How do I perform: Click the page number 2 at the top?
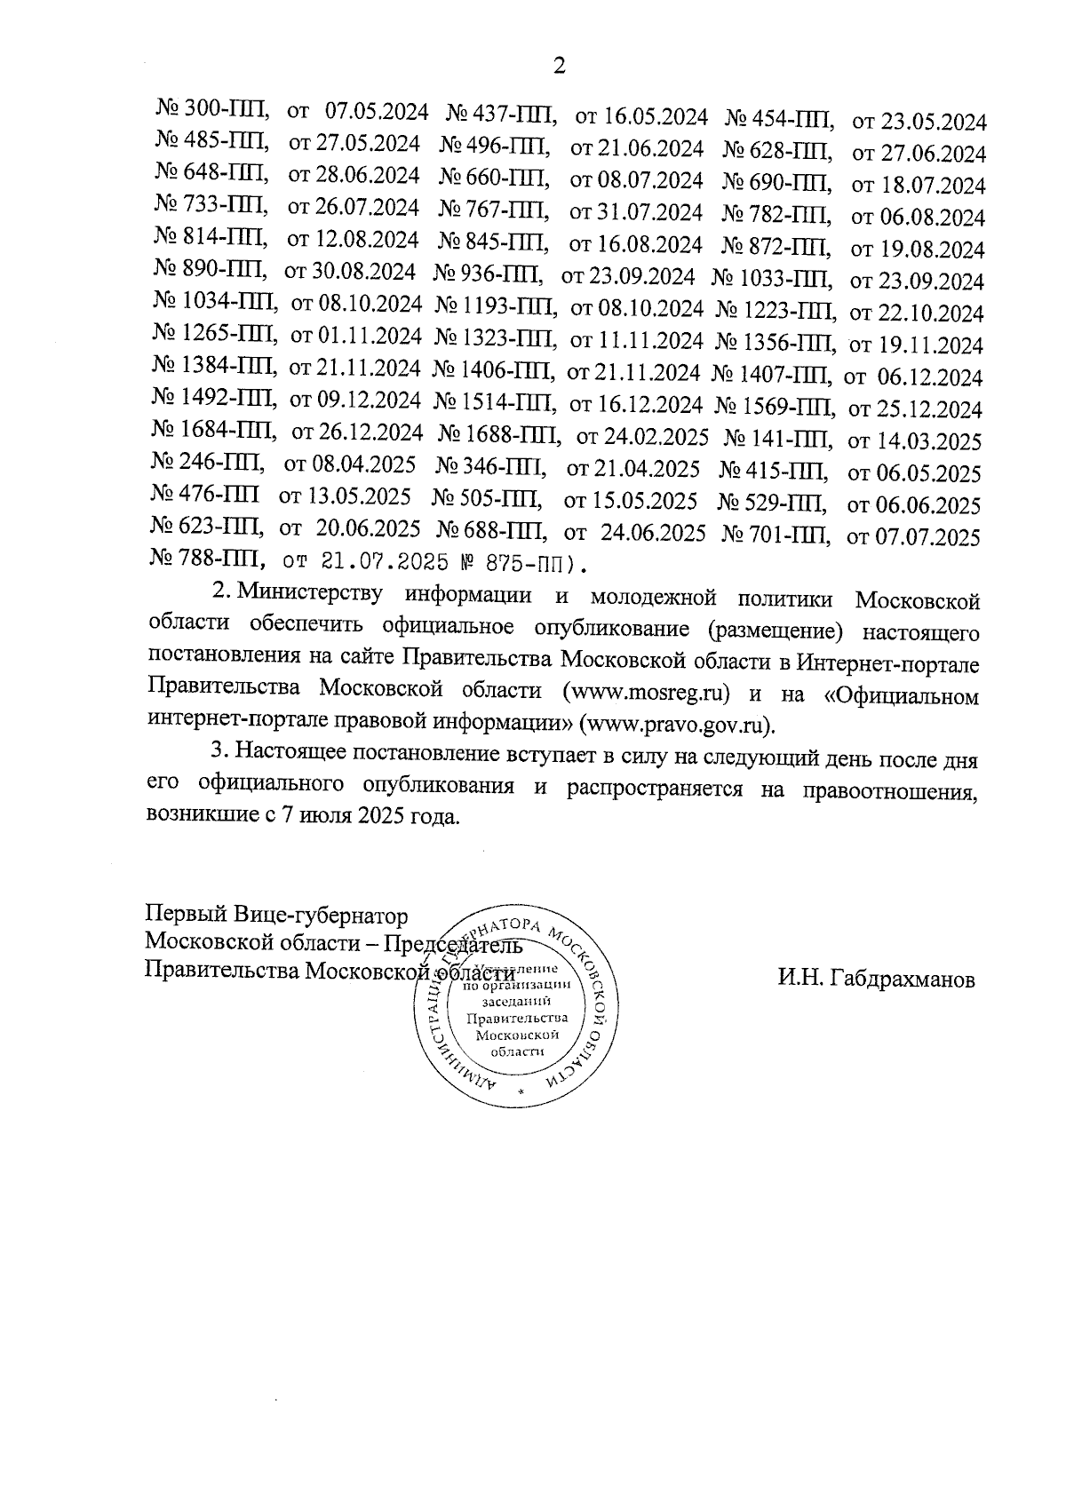pyautogui.click(x=559, y=66)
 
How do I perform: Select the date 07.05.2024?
pyautogui.click(x=378, y=113)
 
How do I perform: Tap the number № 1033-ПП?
pyautogui.click(x=772, y=281)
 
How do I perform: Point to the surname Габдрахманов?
pyautogui.click(x=876, y=980)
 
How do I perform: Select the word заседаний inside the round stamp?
pyautogui.click(x=509, y=1001)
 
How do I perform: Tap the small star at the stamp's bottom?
pyautogui.click(x=522, y=1089)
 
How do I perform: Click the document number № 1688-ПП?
pyautogui.click(x=499, y=436)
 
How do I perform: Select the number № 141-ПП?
pyautogui.click(x=778, y=438)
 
